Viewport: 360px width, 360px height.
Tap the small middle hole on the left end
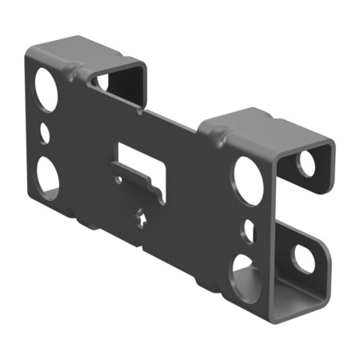coord(46,130)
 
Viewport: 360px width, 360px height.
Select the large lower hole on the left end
coord(47,175)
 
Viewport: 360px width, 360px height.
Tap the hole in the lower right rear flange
coord(305,258)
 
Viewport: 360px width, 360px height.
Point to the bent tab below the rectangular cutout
coord(140,181)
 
